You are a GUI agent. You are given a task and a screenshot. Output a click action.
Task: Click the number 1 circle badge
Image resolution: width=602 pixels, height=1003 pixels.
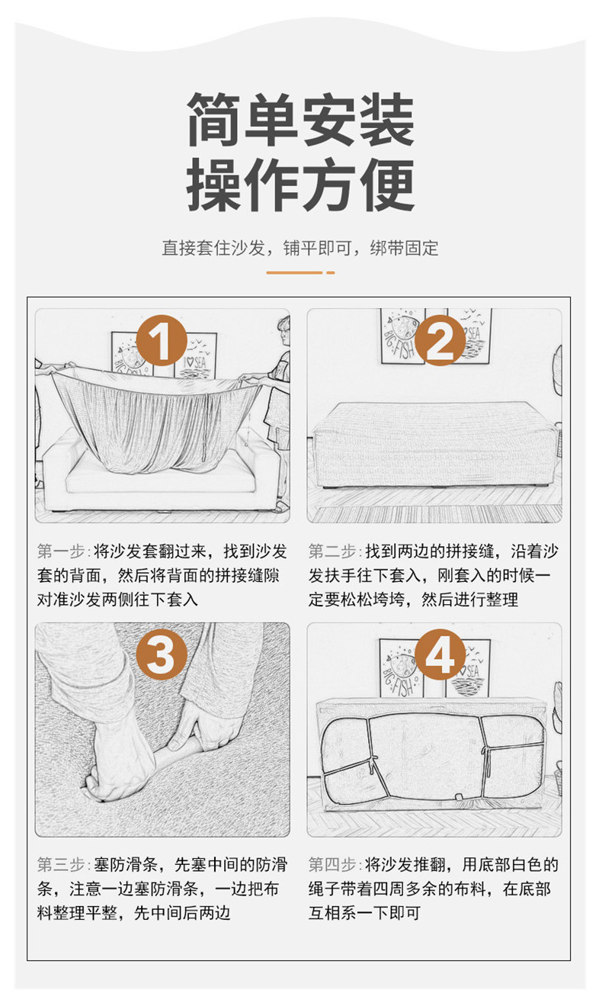[162, 339]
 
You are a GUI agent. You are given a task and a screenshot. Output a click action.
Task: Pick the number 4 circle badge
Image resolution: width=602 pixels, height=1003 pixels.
[440, 654]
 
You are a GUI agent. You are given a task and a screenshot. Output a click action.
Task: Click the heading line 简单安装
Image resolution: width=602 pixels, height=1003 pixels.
[301, 120]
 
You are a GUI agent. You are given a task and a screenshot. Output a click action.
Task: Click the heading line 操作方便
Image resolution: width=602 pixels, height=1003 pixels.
[301, 185]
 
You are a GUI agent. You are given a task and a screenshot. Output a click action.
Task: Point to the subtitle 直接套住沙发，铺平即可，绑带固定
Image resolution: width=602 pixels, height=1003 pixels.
[300, 248]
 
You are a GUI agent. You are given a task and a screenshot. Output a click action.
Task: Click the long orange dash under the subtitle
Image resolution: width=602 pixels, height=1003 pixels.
[294, 272]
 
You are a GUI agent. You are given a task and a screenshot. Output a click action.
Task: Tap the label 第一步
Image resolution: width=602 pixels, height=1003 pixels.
[62, 551]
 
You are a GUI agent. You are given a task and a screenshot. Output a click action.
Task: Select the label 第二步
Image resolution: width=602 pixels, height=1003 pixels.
[333, 551]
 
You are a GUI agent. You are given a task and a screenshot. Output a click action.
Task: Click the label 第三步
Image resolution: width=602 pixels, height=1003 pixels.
[62, 865]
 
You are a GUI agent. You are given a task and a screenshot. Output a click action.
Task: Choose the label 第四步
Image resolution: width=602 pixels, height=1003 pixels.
[333, 865]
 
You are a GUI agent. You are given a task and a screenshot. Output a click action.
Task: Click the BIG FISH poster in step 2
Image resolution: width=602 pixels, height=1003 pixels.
[400, 336]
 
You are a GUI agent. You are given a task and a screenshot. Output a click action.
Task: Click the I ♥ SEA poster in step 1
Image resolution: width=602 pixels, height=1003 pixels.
[197, 355]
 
